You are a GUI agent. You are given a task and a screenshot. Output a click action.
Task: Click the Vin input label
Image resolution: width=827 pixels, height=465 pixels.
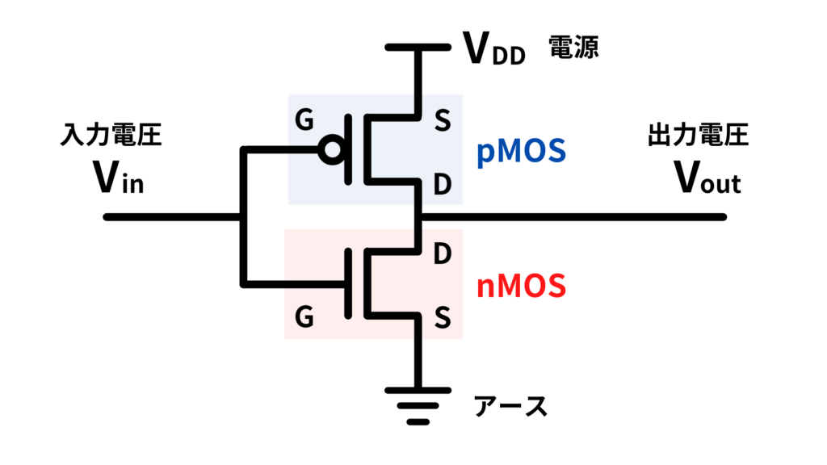pos(119,179)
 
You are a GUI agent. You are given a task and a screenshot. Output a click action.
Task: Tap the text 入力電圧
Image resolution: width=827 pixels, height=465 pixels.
pos(111,135)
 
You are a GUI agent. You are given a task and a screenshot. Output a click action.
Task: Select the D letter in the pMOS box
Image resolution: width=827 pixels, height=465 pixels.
pos(442,186)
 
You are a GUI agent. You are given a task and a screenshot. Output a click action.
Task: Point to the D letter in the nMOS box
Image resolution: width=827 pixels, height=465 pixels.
pos(442,253)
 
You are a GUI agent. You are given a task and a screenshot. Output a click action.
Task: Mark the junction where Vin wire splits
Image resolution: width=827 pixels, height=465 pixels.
pos(241,217)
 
